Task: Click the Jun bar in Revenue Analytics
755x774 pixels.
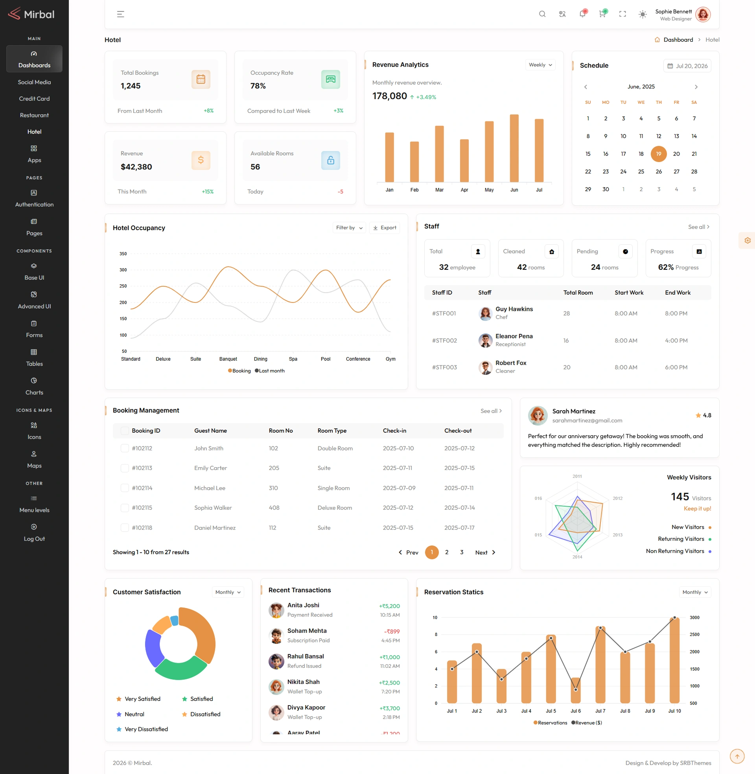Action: click(514, 148)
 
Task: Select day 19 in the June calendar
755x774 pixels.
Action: click(658, 154)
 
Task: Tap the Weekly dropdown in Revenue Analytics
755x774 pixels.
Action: click(540, 64)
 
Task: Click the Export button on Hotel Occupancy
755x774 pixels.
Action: click(384, 228)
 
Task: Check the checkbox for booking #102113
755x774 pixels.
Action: click(125, 468)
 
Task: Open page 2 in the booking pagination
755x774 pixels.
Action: click(446, 552)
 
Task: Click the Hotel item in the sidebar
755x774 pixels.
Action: click(34, 132)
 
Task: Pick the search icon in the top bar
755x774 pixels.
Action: click(542, 14)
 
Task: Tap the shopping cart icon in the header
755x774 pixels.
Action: click(602, 14)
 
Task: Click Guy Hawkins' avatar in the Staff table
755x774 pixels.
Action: click(485, 313)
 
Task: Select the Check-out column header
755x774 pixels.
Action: click(458, 431)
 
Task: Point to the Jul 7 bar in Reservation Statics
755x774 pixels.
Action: click(600, 665)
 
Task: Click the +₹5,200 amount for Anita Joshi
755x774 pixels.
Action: click(389, 606)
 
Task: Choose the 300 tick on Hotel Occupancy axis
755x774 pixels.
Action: click(123, 270)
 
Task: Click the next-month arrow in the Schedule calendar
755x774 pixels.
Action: click(696, 87)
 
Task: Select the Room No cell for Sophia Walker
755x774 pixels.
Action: click(274, 507)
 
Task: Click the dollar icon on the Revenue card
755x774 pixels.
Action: click(201, 160)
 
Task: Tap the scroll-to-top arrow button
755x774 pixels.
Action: click(737, 756)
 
